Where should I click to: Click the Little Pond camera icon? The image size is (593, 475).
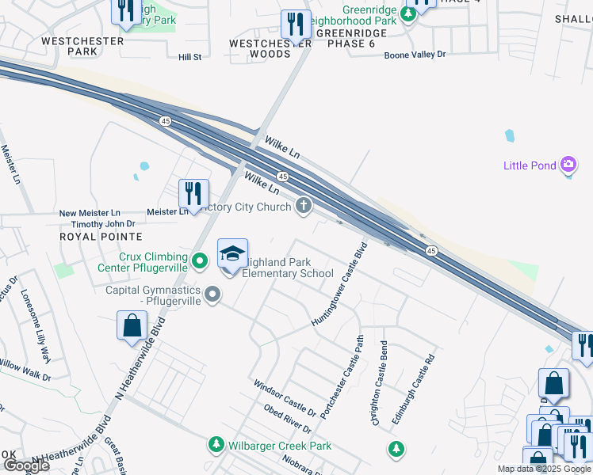click(x=568, y=165)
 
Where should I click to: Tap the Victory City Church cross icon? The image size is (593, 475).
click(x=303, y=207)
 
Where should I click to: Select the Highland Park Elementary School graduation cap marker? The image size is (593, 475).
click(x=232, y=254)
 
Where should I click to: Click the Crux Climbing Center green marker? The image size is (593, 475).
click(x=200, y=260)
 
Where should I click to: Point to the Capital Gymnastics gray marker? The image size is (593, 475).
click(x=212, y=294)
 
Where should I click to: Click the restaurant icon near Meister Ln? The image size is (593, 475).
click(x=193, y=193)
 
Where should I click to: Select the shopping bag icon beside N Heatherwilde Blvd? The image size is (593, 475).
click(x=132, y=325)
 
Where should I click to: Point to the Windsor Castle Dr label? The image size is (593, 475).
click(x=284, y=399)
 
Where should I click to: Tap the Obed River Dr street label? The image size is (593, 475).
click(x=288, y=419)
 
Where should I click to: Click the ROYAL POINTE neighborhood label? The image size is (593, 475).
click(x=101, y=237)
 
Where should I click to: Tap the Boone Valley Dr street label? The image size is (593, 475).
click(x=415, y=55)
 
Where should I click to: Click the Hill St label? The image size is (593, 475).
click(x=190, y=57)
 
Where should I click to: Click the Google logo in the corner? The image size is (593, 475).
click(x=25, y=465)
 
